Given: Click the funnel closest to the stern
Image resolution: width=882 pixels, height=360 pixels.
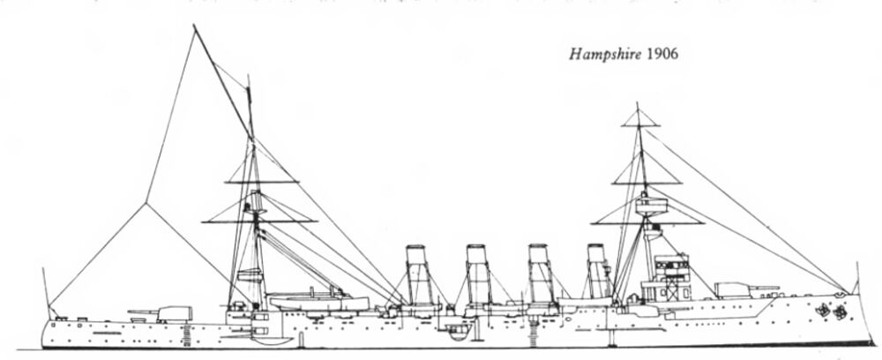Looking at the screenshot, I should pos(417,274).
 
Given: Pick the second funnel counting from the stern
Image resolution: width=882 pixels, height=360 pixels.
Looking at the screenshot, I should pos(478,274).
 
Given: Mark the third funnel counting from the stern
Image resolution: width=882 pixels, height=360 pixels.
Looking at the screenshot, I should pos(539,274).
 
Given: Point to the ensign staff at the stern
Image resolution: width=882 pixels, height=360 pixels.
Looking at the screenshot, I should pos(45,291).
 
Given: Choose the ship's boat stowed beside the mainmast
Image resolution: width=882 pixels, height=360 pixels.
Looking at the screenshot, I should pos(318,302).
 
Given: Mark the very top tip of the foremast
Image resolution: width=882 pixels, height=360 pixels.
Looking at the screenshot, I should pos(636,105).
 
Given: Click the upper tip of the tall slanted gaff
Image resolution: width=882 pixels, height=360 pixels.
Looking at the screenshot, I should pos(194,26).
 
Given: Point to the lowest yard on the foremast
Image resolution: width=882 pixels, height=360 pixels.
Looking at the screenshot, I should pos(640,221).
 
